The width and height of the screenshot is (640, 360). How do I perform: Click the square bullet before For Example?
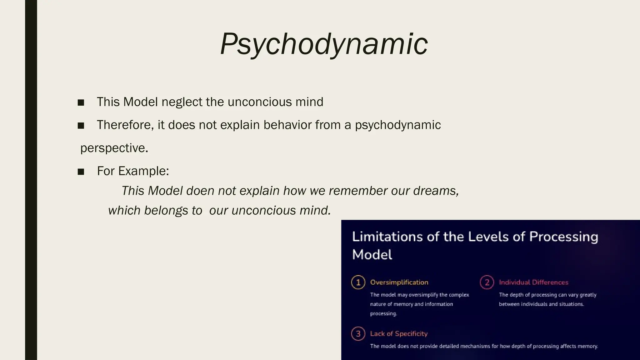81,172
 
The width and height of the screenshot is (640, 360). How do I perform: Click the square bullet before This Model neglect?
81,102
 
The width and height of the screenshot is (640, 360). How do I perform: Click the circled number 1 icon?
358,282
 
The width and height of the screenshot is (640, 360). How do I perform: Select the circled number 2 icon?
487,282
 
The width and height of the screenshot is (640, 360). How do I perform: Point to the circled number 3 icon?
358,334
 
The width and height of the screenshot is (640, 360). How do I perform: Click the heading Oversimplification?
399,282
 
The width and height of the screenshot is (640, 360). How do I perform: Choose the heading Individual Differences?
533,282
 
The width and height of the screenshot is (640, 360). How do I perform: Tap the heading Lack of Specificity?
399,334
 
